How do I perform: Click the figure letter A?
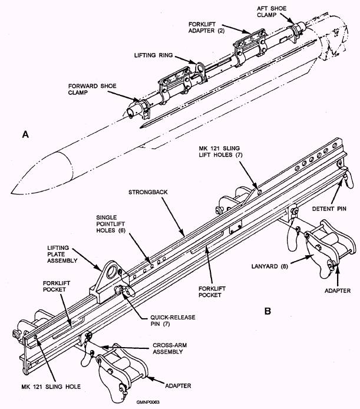pyautogui.click(x=25, y=135)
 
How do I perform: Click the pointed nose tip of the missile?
pyautogui.click(x=13, y=192)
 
